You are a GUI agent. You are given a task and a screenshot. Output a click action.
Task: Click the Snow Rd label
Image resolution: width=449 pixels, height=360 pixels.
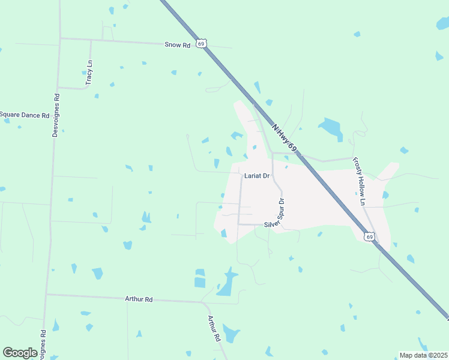(x=178, y=44)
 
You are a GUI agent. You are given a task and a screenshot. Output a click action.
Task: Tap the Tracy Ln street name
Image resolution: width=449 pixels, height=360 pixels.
(x=89, y=71)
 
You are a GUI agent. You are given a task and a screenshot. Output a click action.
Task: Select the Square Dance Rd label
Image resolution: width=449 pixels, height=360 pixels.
(x=24, y=115)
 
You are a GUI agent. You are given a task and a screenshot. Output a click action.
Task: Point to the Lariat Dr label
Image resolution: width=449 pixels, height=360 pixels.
(x=257, y=176)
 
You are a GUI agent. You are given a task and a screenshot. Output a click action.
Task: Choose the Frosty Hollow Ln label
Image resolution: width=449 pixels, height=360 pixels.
(x=359, y=181)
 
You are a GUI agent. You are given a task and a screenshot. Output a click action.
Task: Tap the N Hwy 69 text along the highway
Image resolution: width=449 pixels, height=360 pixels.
(x=283, y=139)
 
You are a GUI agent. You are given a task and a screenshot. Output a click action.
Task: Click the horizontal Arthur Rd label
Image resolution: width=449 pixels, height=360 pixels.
(x=139, y=299)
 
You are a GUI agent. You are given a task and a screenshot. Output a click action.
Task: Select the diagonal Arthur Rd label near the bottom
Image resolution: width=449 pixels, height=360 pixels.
(x=214, y=329)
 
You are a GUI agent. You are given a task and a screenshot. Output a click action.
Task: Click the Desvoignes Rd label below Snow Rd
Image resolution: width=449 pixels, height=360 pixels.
(x=55, y=115)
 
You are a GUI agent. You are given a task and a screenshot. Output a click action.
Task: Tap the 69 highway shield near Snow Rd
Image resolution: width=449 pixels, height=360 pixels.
(x=203, y=43)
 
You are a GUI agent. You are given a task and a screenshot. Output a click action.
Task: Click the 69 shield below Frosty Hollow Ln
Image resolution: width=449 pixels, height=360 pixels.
(x=370, y=237)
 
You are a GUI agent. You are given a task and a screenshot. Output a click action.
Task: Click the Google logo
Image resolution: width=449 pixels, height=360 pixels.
(x=20, y=353)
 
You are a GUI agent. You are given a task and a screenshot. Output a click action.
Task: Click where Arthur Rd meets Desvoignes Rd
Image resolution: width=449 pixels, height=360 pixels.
(x=47, y=294)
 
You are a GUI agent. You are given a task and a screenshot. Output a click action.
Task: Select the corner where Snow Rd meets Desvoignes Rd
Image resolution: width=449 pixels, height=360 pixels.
(x=60, y=38)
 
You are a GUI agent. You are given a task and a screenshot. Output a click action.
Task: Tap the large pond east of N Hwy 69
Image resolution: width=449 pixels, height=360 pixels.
(x=331, y=128)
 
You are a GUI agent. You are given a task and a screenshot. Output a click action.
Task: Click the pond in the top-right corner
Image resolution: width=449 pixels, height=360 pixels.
(x=443, y=23)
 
